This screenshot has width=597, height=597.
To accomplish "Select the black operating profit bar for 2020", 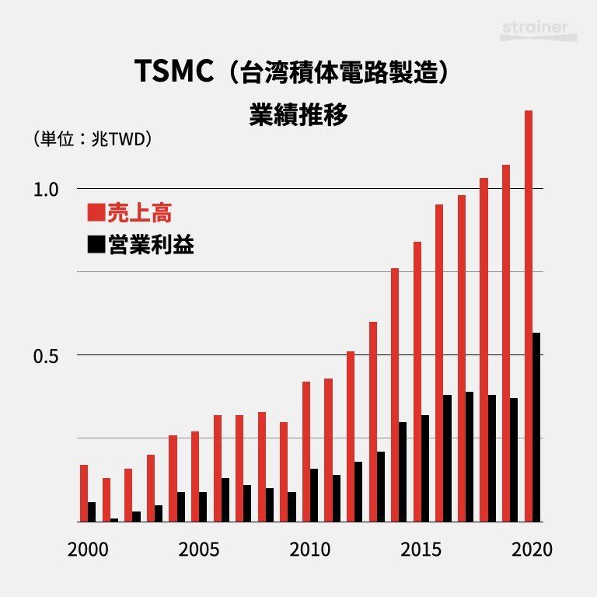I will click(536, 427).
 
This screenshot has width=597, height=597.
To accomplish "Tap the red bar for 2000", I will click(84, 493).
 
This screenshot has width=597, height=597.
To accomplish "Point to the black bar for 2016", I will click(447, 458).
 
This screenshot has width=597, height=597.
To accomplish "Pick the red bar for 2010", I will click(306, 451).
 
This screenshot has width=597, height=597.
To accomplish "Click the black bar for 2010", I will click(314, 494).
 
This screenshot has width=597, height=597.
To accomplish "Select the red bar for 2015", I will click(417, 381).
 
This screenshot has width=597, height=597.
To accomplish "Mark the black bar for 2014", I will click(403, 471).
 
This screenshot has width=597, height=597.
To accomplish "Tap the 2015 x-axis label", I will click(421, 549).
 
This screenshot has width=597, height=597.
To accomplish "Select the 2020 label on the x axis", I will click(532, 549).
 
